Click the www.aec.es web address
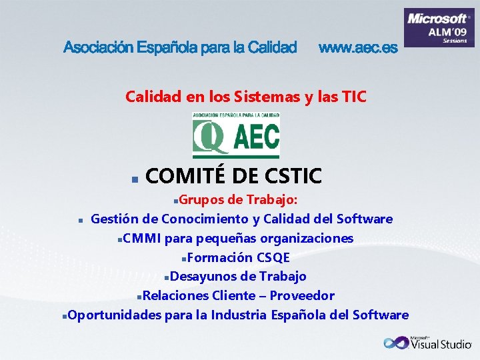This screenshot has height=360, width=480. point(358,47)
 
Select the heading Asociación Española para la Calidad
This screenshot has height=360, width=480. point(180,47)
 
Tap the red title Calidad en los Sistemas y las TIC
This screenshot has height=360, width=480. point(246,97)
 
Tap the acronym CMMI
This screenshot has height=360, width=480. point(142,238)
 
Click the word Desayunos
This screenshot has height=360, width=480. point(200,276)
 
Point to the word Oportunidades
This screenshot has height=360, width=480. point(114,315)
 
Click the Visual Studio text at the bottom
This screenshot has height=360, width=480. point(441,345)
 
